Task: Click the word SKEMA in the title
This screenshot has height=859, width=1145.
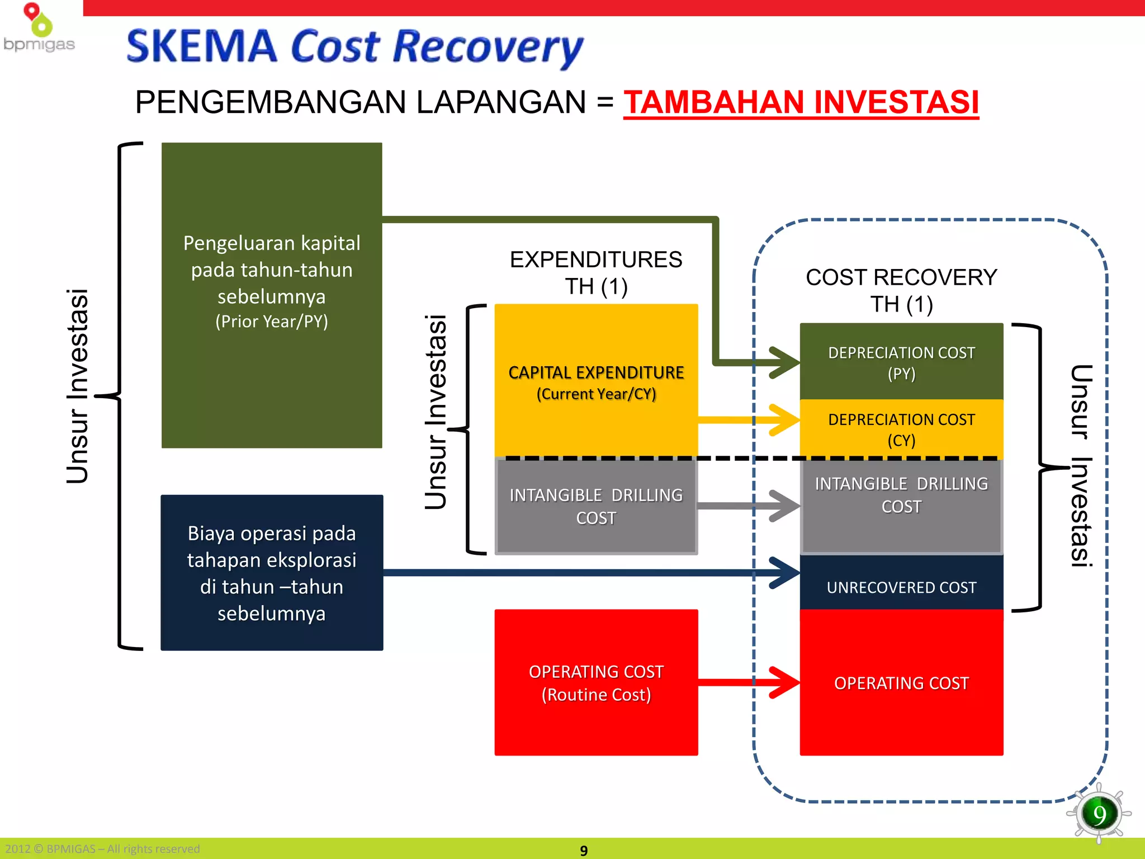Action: (x=202, y=47)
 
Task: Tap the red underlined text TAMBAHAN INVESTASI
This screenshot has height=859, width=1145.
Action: (x=801, y=102)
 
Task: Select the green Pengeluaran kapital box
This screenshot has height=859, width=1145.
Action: (x=272, y=295)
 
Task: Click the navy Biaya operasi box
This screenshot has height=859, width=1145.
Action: (x=272, y=572)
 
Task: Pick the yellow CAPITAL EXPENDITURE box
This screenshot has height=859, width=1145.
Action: (x=596, y=381)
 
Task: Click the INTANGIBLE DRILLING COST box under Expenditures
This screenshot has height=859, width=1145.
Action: (x=596, y=507)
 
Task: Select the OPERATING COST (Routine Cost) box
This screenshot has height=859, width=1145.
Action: (x=596, y=682)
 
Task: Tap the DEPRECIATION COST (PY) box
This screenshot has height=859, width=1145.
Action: (x=901, y=362)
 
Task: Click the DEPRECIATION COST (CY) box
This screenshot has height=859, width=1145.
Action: (x=901, y=429)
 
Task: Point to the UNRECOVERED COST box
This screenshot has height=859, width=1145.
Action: (x=901, y=587)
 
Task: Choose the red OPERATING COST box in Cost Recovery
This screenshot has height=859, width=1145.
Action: (x=901, y=683)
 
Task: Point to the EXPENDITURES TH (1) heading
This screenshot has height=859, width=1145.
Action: (x=596, y=273)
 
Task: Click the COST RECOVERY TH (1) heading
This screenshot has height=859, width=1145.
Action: (x=901, y=291)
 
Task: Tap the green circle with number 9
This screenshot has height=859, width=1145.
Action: (x=1099, y=814)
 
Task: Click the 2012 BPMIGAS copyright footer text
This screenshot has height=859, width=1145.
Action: (x=103, y=849)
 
